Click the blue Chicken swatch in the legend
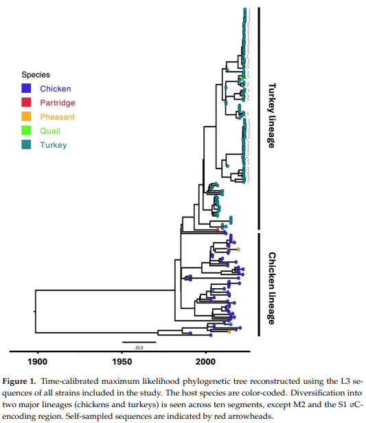pyautogui.click(x=25, y=89)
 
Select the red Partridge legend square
pyautogui.click(x=25, y=102)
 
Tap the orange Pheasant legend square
pyautogui.click(x=25, y=117)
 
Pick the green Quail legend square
pyautogui.click(x=25, y=131)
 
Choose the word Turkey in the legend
pyautogui.click(x=54, y=145)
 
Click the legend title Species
pyautogui.click(x=36, y=74)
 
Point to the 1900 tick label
pyautogui.click(x=37, y=362)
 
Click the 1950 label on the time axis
pyautogui.click(x=122, y=362)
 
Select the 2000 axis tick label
pyautogui.click(x=205, y=362)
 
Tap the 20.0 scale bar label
pyautogui.click(x=139, y=347)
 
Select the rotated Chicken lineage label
pyautogui.click(x=271, y=288)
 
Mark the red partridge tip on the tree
pyautogui.click(x=218, y=229)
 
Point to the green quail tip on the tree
pyautogui.click(x=244, y=83)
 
